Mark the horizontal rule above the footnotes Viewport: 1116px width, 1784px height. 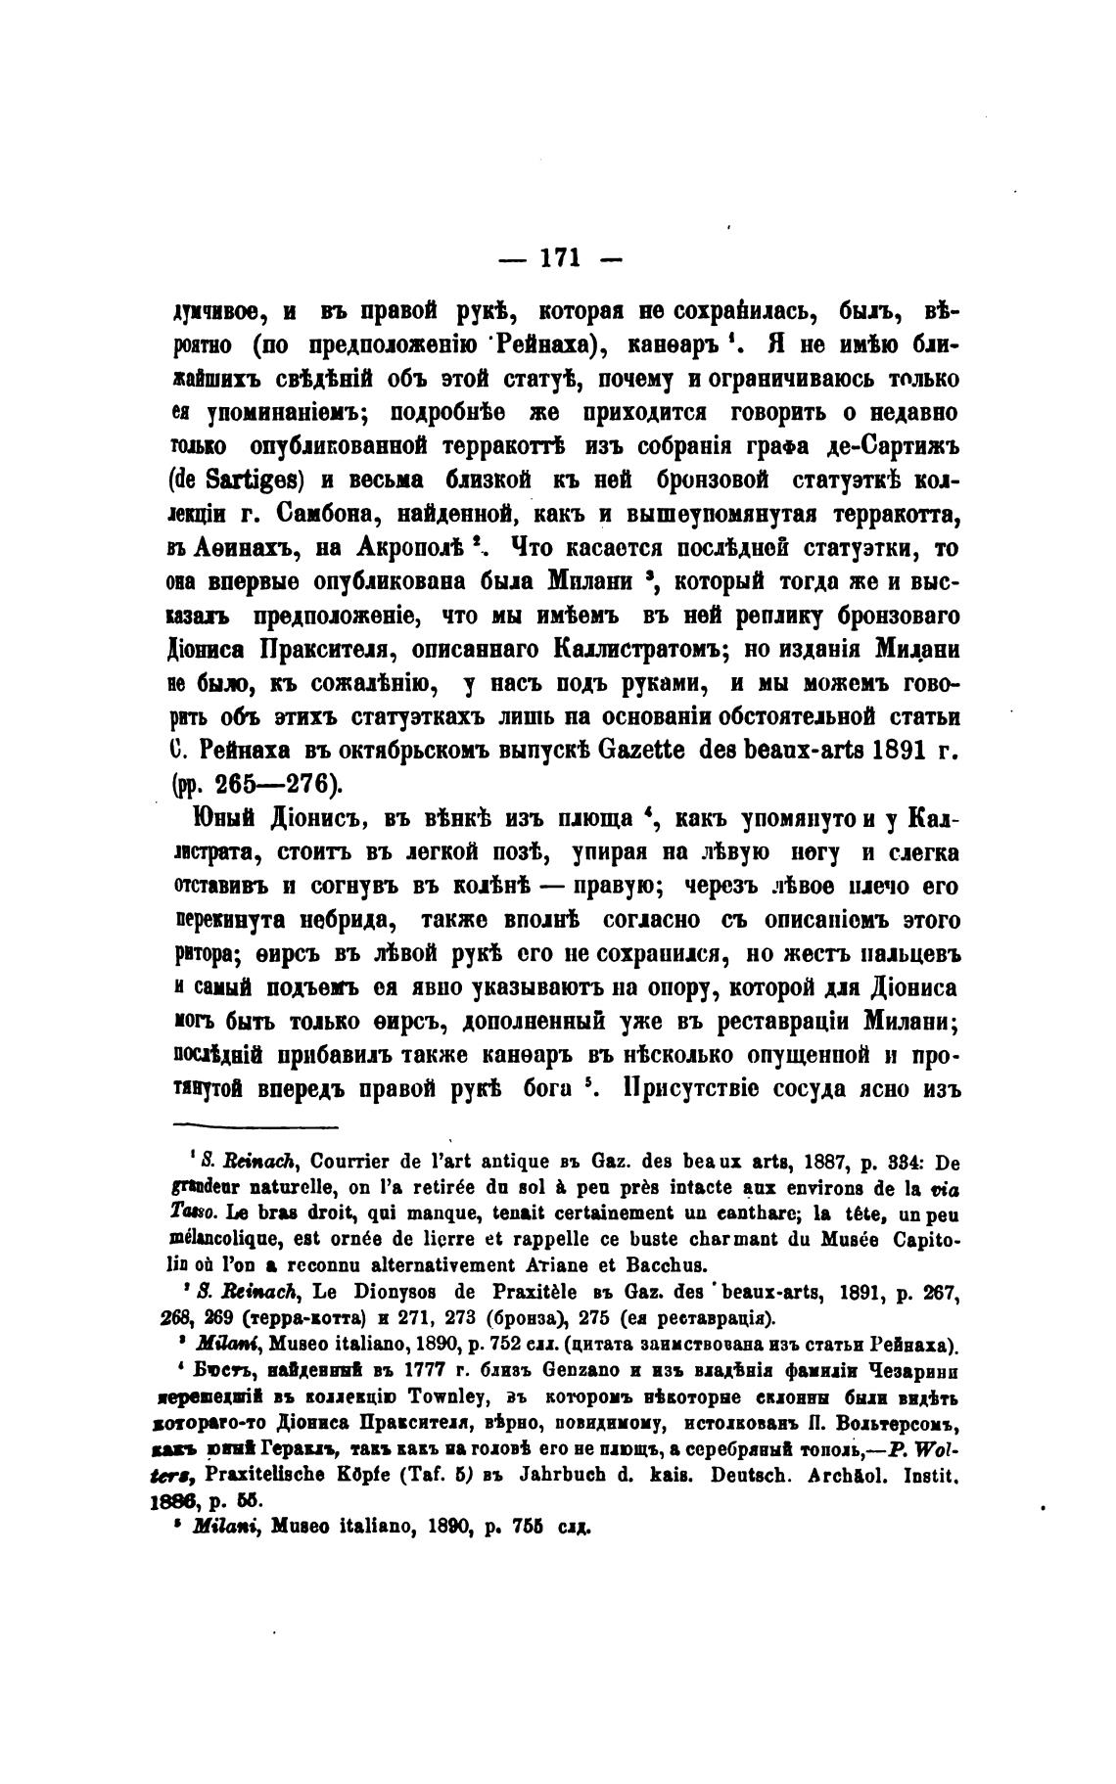click(255, 1127)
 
